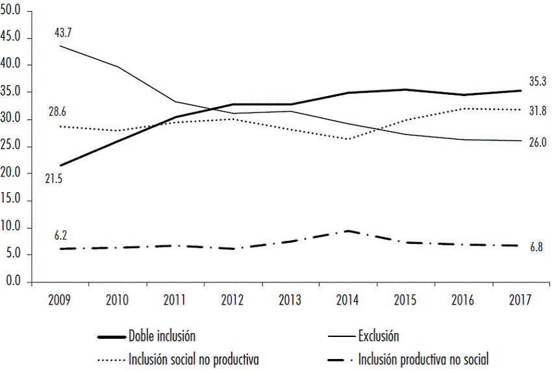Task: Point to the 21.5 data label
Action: point(54,179)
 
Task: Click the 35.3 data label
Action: point(538,82)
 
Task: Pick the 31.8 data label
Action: point(538,111)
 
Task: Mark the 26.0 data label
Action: point(538,142)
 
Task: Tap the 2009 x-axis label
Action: point(60,300)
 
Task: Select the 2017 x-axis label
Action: point(521,300)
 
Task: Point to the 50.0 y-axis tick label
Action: point(13,10)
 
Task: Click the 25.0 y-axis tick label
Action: point(13,146)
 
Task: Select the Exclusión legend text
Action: point(379,336)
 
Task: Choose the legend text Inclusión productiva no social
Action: point(423,358)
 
